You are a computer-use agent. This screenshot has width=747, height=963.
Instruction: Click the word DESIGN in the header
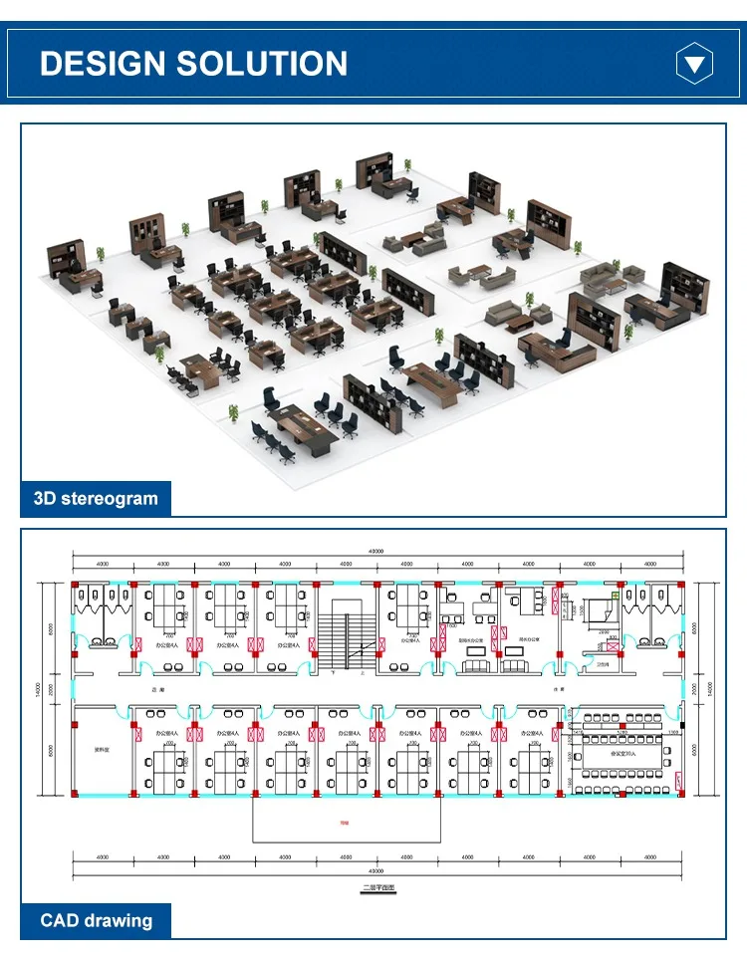[x=103, y=64]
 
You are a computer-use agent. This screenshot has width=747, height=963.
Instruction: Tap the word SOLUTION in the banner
[x=262, y=64]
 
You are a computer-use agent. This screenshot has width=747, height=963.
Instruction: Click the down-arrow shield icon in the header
[x=694, y=65]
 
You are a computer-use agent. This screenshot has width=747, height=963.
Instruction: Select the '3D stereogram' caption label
[x=96, y=498]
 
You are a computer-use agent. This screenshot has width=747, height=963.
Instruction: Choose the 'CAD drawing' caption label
[x=96, y=920]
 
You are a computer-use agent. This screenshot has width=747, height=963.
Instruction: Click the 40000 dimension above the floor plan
[x=376, y=551]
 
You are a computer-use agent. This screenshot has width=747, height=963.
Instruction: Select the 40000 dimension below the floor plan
[x=376, y=869]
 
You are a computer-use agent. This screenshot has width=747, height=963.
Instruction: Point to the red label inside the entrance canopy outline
[x=346, y=823]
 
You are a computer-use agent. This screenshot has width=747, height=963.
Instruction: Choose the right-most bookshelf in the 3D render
[x=686, y=285]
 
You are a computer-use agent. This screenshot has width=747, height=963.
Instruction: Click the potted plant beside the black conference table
[x=234, y=410]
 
